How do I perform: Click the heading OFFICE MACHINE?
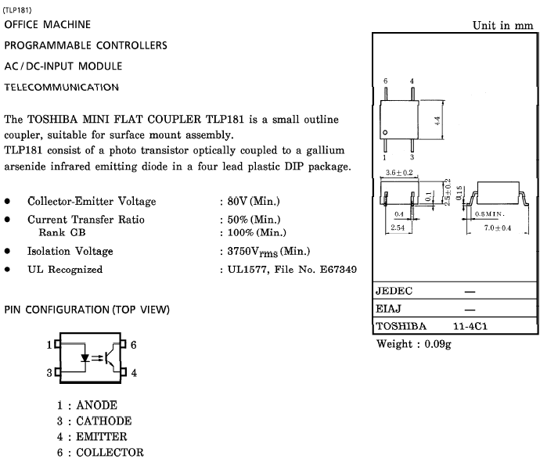(48, 25)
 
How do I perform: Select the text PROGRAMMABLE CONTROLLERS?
(85, 45)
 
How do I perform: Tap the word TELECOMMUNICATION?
(61, 87)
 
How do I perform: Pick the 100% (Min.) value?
(254, 232)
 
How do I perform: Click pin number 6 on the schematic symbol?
(134, 344)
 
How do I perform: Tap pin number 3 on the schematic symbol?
(49, 373)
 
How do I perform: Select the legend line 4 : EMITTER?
(92, 436)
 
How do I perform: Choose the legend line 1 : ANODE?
(87, 405)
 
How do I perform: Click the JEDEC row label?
(394, 291)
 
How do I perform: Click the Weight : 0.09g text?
(414, 344)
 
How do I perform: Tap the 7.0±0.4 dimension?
(498, 228)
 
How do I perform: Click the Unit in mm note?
(502, 25)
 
